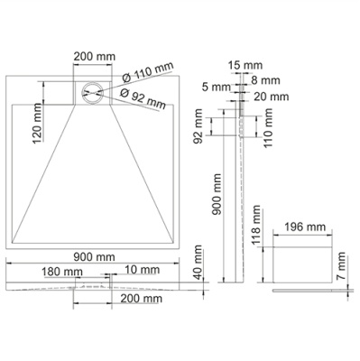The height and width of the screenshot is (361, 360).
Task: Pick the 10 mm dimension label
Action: click(x=139, y=270)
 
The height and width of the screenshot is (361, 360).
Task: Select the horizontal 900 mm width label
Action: click(x=95, y=256)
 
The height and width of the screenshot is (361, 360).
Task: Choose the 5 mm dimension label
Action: click(x=217, y=88)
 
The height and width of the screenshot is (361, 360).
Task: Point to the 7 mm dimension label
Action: click(x=343, y=265)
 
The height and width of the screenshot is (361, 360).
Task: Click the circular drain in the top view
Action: click(x=91, y=92)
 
